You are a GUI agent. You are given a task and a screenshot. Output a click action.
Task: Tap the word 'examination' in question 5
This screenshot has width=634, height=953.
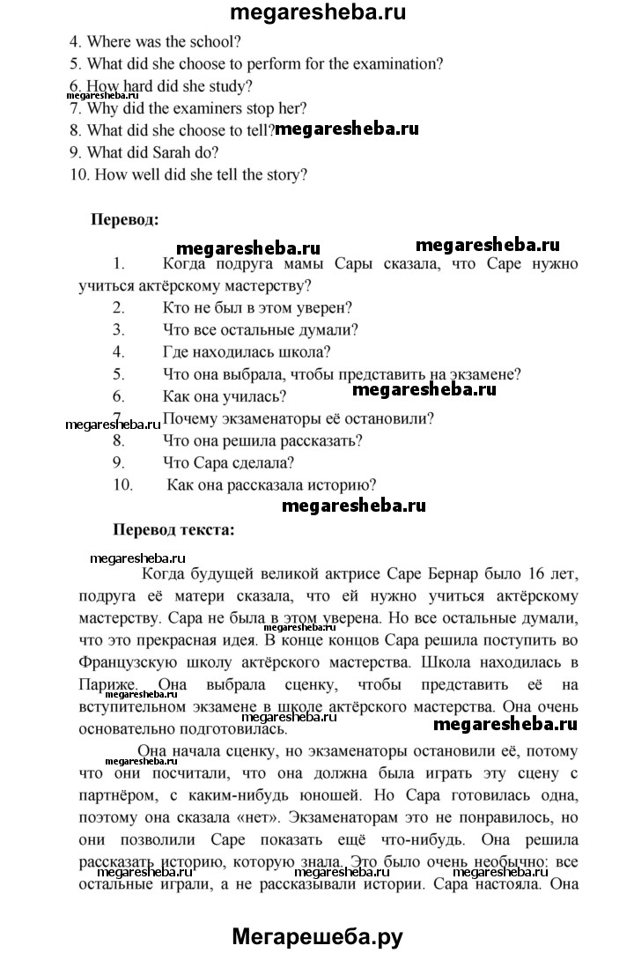pos(397,63)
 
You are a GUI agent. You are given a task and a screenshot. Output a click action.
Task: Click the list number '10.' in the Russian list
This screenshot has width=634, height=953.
pos(122,484)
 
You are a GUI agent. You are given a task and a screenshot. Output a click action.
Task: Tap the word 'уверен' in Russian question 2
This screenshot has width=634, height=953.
pos(321,307)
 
